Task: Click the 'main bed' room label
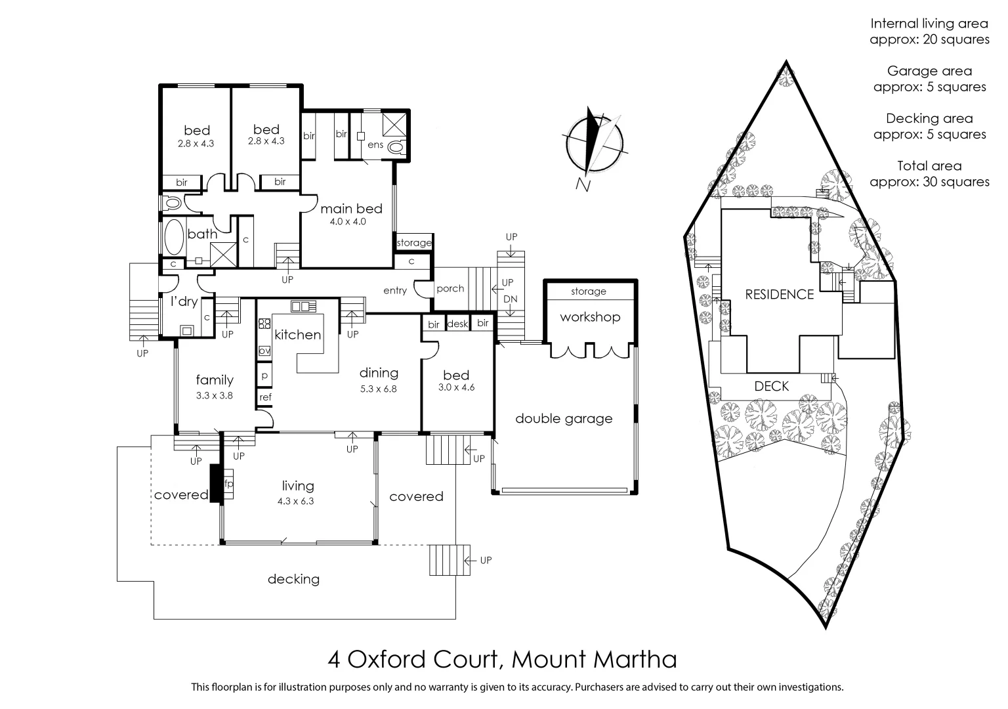point(351,209)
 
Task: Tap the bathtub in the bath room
point(173,237)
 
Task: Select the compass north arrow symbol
point(594,140)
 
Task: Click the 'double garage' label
point(564,418)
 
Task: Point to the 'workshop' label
point(589,317)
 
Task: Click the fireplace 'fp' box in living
point(229,484)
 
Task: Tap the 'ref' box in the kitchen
point(265,397)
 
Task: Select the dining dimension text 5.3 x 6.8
point(379,388)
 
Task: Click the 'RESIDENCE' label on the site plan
point(779,295)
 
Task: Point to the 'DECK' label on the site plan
point(771,386)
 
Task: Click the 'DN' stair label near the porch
point(510,299)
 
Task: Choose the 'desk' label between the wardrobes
point(457,324)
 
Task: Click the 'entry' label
point(395,290)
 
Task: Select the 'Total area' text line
point(929,166)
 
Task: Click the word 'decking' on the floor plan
point(293,579)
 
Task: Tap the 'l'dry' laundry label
point(184,301)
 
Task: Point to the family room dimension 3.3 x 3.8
point(215,396)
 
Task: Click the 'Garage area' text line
point(929,71)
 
